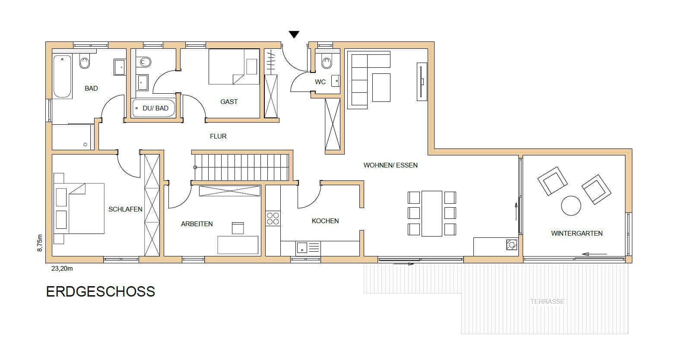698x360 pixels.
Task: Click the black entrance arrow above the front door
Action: pos(294,34)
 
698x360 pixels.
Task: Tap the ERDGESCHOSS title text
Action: pos(100,292)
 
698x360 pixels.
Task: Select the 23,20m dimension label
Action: pos(62,268)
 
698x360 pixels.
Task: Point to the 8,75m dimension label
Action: pos(40,243)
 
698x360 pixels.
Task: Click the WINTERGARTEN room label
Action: pos(577,233)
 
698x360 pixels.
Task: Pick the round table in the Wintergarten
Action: pos(571,206)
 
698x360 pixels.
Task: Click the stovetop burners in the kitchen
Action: pos(273,218)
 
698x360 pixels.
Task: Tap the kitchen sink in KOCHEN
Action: pos(301,248)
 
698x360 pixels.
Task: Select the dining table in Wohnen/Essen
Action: pos(432,214)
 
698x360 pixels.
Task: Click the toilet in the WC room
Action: pos(327,62)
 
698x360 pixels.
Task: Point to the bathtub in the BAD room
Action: pos(62,76)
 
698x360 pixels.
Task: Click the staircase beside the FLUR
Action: pos(241,167)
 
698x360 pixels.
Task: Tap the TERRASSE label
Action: pos(548,301)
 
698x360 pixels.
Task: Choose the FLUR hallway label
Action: pos(218,136)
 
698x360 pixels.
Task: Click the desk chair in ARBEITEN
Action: pos(238,228)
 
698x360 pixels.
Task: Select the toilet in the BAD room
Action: pos(85,61)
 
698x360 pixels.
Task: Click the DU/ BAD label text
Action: pos(155,108)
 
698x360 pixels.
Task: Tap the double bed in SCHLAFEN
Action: pos(79,208)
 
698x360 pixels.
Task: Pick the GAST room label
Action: pos(229,101)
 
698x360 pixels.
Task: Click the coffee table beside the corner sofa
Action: pos(381,88)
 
